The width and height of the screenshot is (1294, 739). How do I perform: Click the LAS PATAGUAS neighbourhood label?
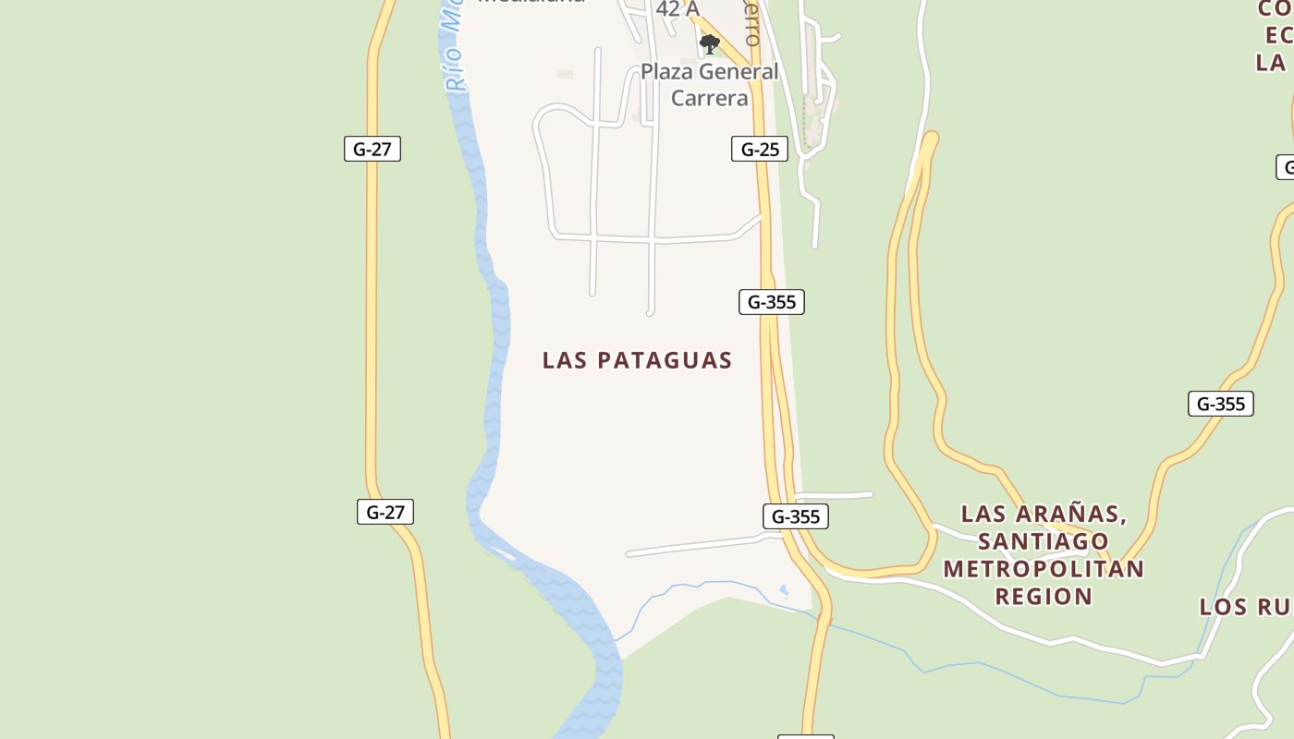pos(637,359)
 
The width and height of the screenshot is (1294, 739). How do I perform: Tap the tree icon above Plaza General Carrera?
pos(709,43)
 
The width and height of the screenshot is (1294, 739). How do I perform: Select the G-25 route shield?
pos(760,149)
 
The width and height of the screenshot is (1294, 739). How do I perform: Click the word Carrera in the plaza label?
pos(709,97)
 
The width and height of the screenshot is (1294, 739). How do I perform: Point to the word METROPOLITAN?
pos(1044,568)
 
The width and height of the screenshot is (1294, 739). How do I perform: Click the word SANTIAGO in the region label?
pos(1044,540)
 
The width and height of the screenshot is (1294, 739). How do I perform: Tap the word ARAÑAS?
pos(1071,514)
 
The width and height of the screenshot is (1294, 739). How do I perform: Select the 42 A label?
pos(677,9)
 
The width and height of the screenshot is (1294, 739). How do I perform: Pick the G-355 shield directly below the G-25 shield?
pos(771,302)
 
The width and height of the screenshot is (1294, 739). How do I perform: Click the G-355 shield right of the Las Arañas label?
pos(1220,404)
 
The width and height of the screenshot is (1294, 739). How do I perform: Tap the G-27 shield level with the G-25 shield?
pos(372,149)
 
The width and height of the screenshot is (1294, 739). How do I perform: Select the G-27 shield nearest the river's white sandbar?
pos(385,512)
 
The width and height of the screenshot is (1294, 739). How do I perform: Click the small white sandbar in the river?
pos(503,554)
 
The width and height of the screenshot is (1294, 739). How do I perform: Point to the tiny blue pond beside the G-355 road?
pos(784,589)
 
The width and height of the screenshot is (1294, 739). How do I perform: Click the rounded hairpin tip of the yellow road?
pos(931,139)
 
